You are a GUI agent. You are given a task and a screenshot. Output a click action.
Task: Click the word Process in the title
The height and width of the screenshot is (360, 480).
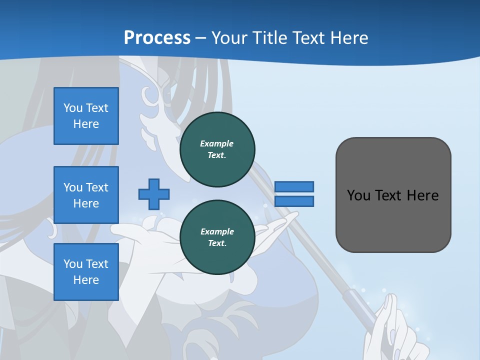157,37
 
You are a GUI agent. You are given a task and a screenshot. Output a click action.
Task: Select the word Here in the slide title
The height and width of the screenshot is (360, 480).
348,37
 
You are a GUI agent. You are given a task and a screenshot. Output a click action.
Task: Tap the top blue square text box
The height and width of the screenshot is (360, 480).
86,116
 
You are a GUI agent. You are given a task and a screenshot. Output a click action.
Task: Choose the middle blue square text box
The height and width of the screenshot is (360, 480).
86,195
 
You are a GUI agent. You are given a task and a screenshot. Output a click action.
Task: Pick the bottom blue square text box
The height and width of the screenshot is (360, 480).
86,272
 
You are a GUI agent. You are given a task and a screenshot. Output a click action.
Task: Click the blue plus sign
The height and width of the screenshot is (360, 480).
154,194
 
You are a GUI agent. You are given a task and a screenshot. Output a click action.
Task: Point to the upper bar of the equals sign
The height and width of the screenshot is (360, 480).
294,186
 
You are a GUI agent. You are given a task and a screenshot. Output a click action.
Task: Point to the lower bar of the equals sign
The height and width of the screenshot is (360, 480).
294,201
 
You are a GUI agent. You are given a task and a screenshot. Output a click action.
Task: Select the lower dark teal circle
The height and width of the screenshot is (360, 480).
217,237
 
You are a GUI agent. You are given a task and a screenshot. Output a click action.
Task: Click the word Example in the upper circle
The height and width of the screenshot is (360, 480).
217,143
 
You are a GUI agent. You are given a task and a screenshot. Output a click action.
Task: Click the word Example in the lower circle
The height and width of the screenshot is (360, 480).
217,231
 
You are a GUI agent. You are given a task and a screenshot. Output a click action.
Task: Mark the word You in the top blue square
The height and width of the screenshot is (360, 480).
73,108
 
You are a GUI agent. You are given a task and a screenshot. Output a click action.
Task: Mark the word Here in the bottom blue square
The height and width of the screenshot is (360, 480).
86,280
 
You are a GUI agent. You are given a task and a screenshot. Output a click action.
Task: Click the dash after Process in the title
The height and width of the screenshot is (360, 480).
201,37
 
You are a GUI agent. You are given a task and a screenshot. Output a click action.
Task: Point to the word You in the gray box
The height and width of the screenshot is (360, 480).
358,195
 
